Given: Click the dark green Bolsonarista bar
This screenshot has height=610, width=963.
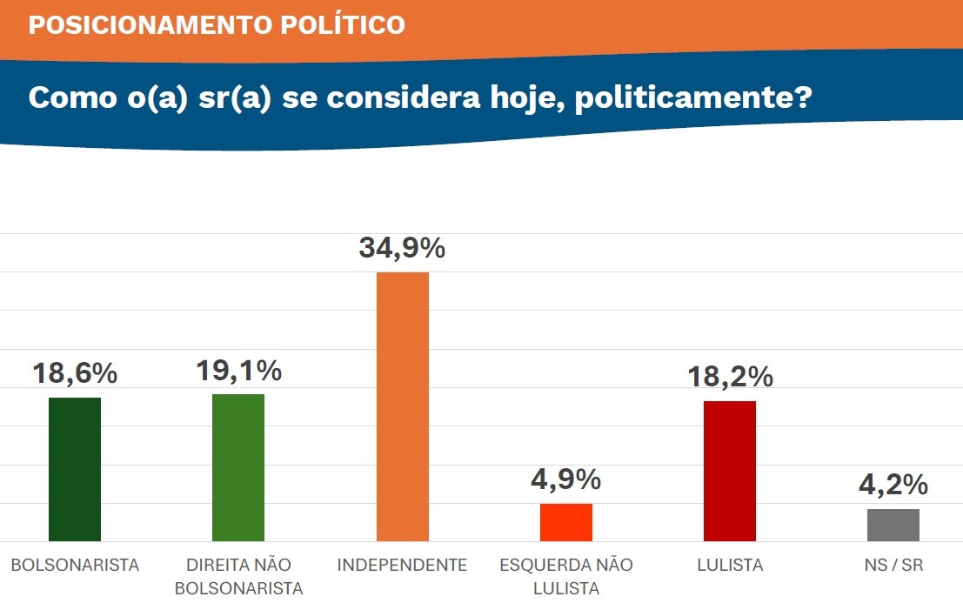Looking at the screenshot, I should pos(75,469).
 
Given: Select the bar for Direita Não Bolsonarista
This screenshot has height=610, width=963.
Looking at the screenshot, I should pos(238,467).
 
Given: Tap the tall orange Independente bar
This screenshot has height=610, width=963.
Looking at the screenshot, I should pos(402,406).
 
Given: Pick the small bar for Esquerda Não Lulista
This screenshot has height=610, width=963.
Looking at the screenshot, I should pos(565,522).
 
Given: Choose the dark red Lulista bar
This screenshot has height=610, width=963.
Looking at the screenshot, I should pos(730,471).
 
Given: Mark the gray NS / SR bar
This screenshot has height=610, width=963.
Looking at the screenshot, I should pos(893,525).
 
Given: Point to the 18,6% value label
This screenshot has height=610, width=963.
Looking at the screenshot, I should pos(75,374).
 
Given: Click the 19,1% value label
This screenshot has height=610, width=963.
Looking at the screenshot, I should pos(238,372).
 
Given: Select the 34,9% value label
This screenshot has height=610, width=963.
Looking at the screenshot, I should pos(402,249).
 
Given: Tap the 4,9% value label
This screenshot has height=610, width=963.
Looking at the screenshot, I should pos(565,479).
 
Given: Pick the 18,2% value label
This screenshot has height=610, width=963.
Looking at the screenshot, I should pos(730,378).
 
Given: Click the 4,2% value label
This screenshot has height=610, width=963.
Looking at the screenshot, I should pos(893,485).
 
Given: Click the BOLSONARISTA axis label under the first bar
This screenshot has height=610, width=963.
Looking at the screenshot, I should pos(75,565).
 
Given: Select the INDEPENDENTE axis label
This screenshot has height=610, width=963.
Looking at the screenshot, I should pos(402,565).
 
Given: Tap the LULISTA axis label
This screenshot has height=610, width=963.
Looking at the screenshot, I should pos(730,565).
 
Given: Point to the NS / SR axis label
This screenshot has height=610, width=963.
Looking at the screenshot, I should pos(893,565).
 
